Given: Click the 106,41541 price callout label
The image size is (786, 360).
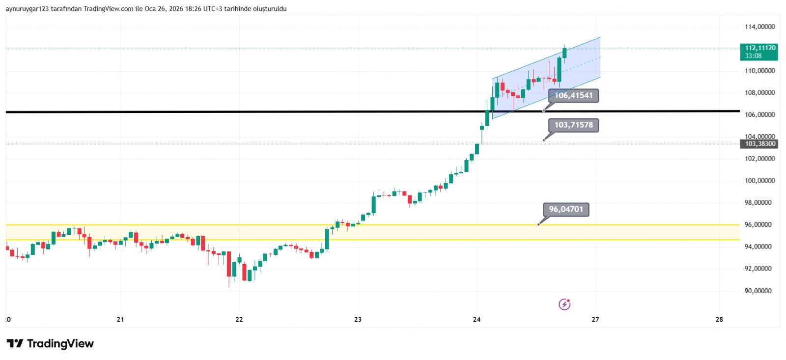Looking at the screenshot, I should point(573,95).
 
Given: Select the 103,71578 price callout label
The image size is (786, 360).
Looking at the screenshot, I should point(573,125).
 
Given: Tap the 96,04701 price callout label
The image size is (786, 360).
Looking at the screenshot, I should point(566,209).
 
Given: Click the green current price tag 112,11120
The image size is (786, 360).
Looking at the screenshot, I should point(759,51).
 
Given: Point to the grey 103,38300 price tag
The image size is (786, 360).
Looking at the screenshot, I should point(759,144).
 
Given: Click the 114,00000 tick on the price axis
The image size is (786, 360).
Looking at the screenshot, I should point(759,27).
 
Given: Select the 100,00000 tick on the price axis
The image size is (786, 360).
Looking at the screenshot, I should point(759,181).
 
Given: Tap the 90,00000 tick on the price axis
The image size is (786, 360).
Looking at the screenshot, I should point(759,291).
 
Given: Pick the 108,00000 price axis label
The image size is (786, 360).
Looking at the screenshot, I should point(759,93).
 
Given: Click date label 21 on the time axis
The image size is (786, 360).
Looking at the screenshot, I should point(120,319).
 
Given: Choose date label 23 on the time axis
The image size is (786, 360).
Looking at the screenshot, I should point(358,319).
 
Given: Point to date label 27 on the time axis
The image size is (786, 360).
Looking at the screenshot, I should point(595,319).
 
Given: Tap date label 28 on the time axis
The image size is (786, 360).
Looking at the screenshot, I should point(719,319).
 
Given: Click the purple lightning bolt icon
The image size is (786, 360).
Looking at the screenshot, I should point(565,305).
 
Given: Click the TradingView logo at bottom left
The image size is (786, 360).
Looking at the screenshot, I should point(50,343).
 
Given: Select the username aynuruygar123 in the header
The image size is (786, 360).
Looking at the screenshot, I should point(27,9).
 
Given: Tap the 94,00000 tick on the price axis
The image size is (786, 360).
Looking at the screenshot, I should point(759,247).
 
